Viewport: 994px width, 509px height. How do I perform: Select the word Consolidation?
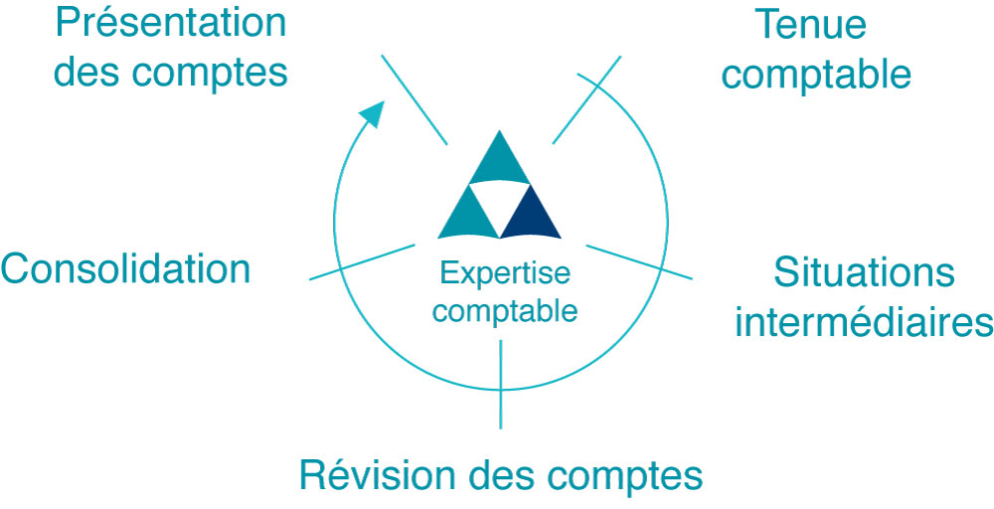[x=125, y=268]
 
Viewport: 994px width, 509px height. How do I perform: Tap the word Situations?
[x=863, y=272]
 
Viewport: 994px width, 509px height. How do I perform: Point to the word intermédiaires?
[x=864, y=322]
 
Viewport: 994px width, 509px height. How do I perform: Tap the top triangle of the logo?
[x=499, y=160]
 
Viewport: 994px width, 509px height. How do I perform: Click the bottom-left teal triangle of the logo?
[x=468, y=215]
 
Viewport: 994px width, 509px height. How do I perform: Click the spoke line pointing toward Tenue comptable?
[x=585, y=99]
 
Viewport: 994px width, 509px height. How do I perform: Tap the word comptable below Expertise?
[x=505, y=310]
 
